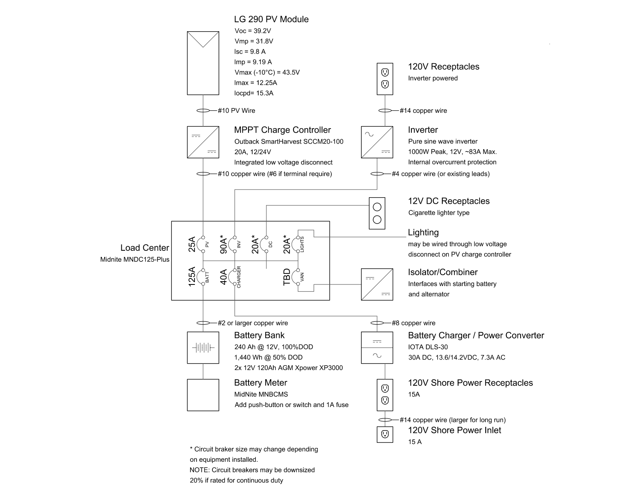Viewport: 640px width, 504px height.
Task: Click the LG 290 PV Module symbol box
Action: coord(203,63)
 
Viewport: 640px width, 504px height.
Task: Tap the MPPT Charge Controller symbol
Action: coord(203,142)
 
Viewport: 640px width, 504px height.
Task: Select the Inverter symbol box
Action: coord(377,142)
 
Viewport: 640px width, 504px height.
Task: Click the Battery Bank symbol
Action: coord(203,348)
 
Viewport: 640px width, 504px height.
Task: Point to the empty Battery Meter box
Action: coord(203,395)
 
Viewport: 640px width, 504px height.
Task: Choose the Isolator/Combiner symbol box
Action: coord(377,284)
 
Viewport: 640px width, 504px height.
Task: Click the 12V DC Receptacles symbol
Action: coord(377,213)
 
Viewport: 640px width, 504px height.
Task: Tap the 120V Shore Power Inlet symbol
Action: coord(385,435)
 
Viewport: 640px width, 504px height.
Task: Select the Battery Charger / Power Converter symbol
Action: coord(377,348)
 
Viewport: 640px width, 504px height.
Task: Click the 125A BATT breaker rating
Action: coord(192,277)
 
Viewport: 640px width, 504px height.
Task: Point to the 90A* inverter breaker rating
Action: coord(223,246)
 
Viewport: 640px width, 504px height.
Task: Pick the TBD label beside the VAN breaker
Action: coord(286,277)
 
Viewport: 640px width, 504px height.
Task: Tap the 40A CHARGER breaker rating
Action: coord(223,277)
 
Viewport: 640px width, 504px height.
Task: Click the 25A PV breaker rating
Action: coord(192,244)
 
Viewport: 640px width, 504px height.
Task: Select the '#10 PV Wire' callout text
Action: coord(236,110)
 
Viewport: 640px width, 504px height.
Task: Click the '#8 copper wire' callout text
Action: coord(413,323)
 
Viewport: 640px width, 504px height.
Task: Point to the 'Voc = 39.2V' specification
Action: coord(253,31)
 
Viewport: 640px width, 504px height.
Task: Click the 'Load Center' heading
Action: coord(145,248)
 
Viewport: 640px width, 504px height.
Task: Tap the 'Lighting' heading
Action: coord(423,233)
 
